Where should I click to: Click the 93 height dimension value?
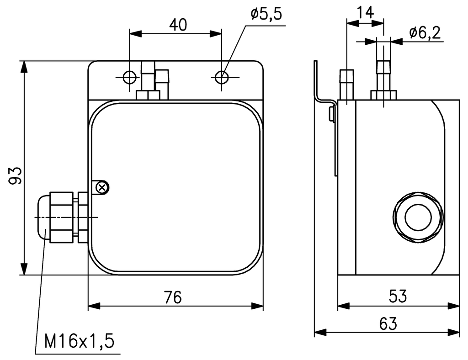16,175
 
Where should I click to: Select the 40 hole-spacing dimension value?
177,25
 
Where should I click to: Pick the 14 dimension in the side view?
366,13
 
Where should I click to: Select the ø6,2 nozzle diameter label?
427,33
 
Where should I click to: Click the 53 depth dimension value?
398,296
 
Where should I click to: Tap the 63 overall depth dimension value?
388,324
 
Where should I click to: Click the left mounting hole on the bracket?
130,77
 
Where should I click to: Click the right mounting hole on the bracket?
222,77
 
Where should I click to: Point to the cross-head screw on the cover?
103,186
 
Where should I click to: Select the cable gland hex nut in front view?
61,217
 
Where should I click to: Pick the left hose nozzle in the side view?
347,85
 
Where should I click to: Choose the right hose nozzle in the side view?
383,75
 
